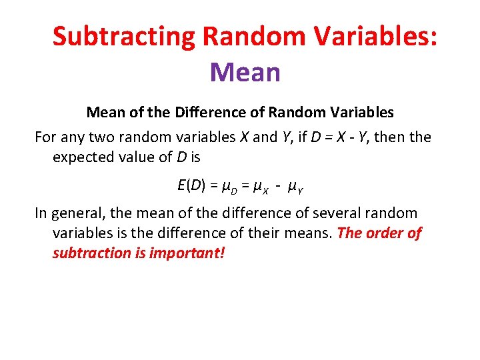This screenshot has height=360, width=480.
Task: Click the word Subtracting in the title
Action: point(123,37)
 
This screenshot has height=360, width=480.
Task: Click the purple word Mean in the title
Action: point(245,72)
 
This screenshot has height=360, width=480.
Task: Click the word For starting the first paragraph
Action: point(46,137)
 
